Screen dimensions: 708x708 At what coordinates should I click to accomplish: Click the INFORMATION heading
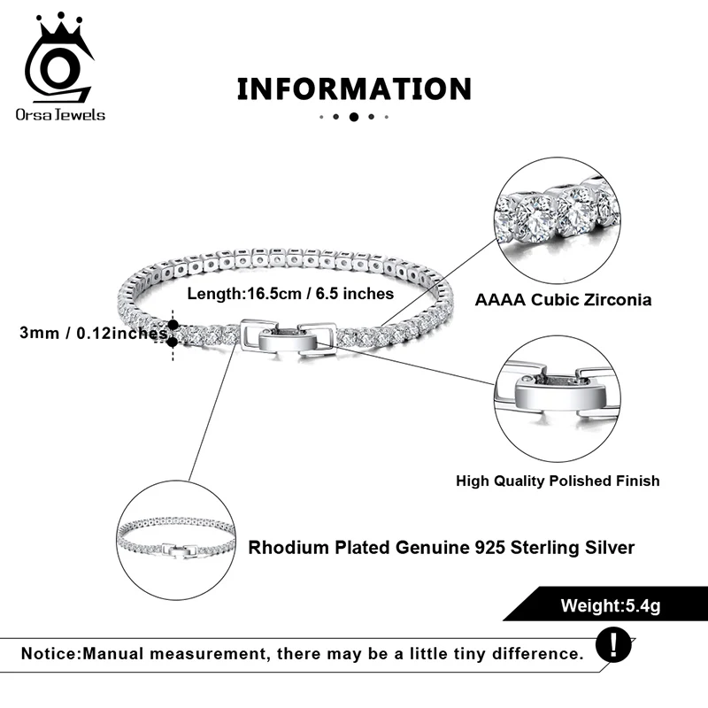click(354, 89)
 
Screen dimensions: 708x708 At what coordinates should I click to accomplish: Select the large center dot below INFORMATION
click(354, 117)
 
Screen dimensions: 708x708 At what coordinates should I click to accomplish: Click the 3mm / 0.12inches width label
click(93, 334)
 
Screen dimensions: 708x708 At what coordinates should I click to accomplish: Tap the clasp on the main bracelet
click(288, 337)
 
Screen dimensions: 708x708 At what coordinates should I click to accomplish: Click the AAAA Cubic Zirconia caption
click(563, 299)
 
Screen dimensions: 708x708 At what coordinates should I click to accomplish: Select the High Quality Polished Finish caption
click(558, 481)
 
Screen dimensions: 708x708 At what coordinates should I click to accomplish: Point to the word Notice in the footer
click(50, 654)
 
